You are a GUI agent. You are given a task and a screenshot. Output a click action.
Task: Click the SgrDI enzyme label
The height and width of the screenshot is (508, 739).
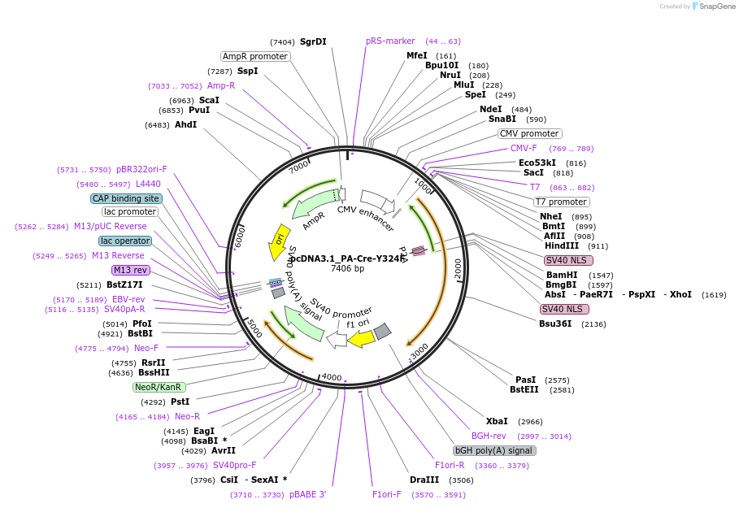tap(313, 41)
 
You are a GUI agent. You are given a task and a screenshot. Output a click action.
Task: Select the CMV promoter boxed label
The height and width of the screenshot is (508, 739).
tap(529, 133)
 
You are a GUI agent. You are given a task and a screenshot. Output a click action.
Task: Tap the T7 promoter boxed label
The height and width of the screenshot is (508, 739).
tap(561, 202)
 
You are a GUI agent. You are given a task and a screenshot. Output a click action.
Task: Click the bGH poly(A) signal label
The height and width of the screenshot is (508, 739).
tap(494, 450)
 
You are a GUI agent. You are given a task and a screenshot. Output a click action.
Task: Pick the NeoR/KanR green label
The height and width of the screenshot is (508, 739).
tap(159, 387)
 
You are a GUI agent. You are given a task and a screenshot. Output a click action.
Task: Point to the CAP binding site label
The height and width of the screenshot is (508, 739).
tap(126, 198)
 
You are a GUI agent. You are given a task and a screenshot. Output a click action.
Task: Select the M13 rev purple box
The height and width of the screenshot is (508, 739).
tap(130, 270)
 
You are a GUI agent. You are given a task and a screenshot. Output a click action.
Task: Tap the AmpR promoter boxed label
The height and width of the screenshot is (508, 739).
tap(255, 56)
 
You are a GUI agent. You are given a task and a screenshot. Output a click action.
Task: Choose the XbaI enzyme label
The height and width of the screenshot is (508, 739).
tap(497, 421)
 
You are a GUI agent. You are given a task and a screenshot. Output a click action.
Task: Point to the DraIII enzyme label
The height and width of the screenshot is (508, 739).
tap(424, 480)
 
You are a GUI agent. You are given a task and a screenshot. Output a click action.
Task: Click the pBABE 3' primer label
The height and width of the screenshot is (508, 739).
tap(307, 494)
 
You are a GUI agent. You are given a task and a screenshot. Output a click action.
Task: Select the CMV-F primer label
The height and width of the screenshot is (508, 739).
tap(524, 148)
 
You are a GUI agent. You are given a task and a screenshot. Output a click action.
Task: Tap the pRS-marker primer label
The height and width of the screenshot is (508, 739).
tap(390, 41)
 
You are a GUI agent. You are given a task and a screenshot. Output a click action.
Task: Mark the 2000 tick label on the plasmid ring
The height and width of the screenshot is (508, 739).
tap(459, 268)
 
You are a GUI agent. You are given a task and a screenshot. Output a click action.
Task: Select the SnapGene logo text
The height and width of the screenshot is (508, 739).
tap(715, 7)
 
